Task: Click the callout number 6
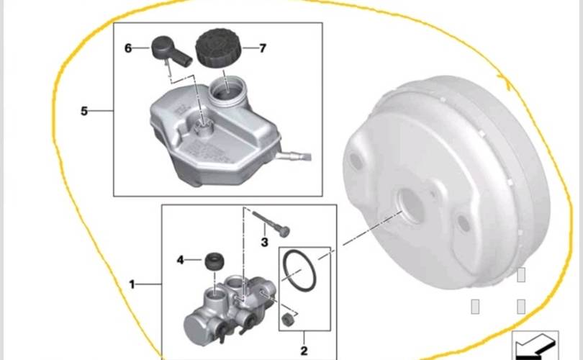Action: click(x=128, y=48)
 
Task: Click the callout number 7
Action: click(x=263, y=48)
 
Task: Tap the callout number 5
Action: click(x=84, y=111)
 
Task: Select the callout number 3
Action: click(x=264, y=243)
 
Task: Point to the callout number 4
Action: click(x=181, y=260)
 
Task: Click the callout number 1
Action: click(x=132, y=284)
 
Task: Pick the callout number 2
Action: click(x=304, y=351)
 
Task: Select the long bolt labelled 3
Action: click(x=271, y=223)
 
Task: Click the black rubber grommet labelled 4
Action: click(x=214, y=262)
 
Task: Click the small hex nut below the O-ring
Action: click(x=287, y=319)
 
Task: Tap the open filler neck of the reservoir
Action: click(x=227, y=91)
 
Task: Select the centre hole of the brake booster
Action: click(x=411, y=206)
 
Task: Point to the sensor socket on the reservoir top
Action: click(x=203, y=127)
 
